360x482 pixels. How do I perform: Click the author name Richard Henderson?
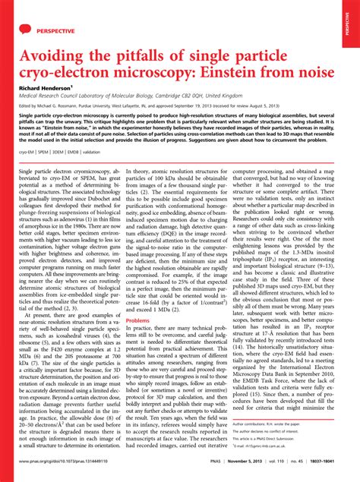pos(46,87)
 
